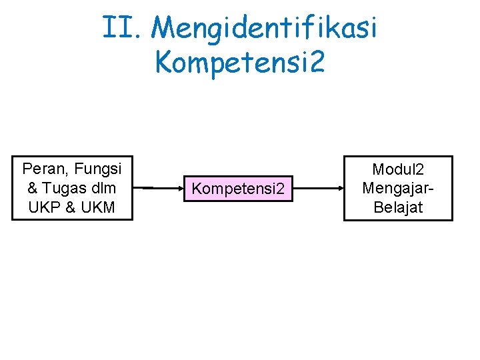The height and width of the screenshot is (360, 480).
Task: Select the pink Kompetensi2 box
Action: (239, 189)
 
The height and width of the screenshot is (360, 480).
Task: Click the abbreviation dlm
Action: (105, 187)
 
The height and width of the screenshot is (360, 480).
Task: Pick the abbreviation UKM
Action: (99, 207)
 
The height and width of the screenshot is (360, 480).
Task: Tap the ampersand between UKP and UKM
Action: (69, 207)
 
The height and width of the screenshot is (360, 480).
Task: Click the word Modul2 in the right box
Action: (398, 170)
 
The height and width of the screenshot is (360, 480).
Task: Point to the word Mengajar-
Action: (398, 188)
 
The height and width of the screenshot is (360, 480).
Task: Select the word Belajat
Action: (398, 207)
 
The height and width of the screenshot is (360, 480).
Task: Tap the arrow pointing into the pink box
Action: (159, 188)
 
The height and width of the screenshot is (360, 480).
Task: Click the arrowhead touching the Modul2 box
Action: (339, 188)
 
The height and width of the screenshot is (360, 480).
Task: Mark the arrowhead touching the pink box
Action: (180, 188)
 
